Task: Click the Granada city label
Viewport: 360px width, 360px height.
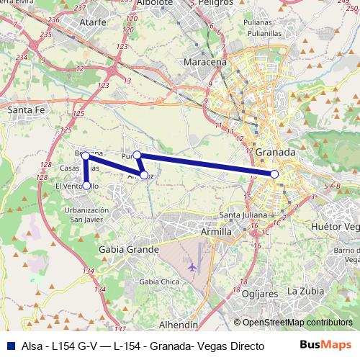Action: coord(276,153)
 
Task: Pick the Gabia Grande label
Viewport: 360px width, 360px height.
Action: coord(127,249)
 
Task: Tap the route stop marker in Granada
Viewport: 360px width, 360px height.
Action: coord(274,174)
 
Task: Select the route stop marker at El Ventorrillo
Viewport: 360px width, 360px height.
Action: coord(86,186)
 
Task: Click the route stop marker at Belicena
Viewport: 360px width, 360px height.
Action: coord(86,155)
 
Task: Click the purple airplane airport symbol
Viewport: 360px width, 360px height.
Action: coord(192,267)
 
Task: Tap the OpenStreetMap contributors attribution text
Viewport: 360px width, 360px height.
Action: coord(294,323)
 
